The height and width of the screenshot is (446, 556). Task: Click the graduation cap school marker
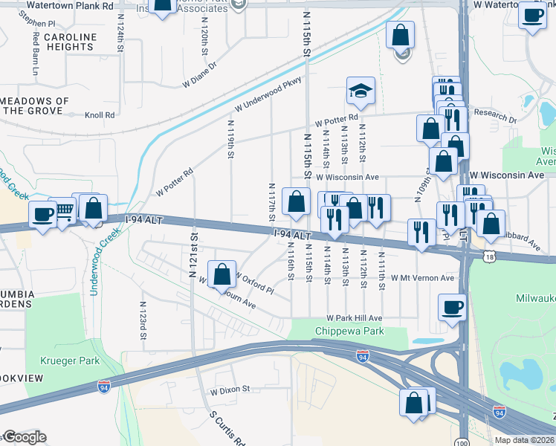tap(361, 91)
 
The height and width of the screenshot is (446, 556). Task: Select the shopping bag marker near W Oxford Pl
tap(222, 274)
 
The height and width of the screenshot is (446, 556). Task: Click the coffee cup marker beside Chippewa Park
tap(452, 307)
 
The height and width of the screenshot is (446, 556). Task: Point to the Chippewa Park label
tap(349, 331)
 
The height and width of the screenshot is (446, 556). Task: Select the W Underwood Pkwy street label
tap(266, 98)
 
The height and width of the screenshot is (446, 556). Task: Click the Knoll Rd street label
tap(100, 115)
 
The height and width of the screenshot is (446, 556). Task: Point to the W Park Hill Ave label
tap(355, 317)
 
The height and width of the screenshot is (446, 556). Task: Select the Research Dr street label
tap(496, 118)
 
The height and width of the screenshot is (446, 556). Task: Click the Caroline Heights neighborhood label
tap(70, 42)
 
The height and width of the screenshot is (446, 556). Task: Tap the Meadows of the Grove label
tap(35, 106)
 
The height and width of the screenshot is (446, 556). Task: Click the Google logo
tap(24, 437)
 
